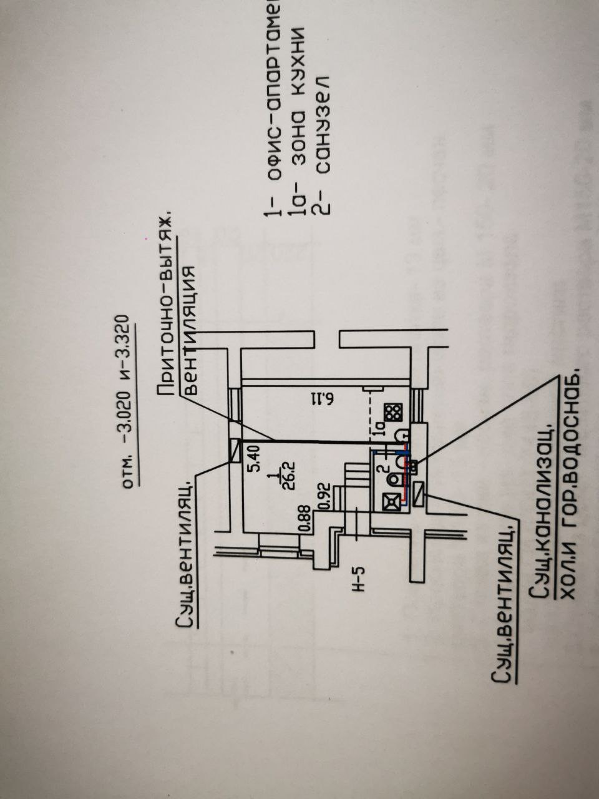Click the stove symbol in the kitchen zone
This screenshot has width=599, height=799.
tap(393, 413)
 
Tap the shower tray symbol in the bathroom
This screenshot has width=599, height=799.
tap(391, 501)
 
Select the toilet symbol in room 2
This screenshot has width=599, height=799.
tap(394, 479)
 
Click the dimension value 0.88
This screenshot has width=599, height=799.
tap(305, 518)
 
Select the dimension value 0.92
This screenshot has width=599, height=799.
tap(324, 494)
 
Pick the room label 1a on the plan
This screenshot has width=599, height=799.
tap(379, 429)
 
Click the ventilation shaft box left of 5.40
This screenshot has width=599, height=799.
tap(235, 451)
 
